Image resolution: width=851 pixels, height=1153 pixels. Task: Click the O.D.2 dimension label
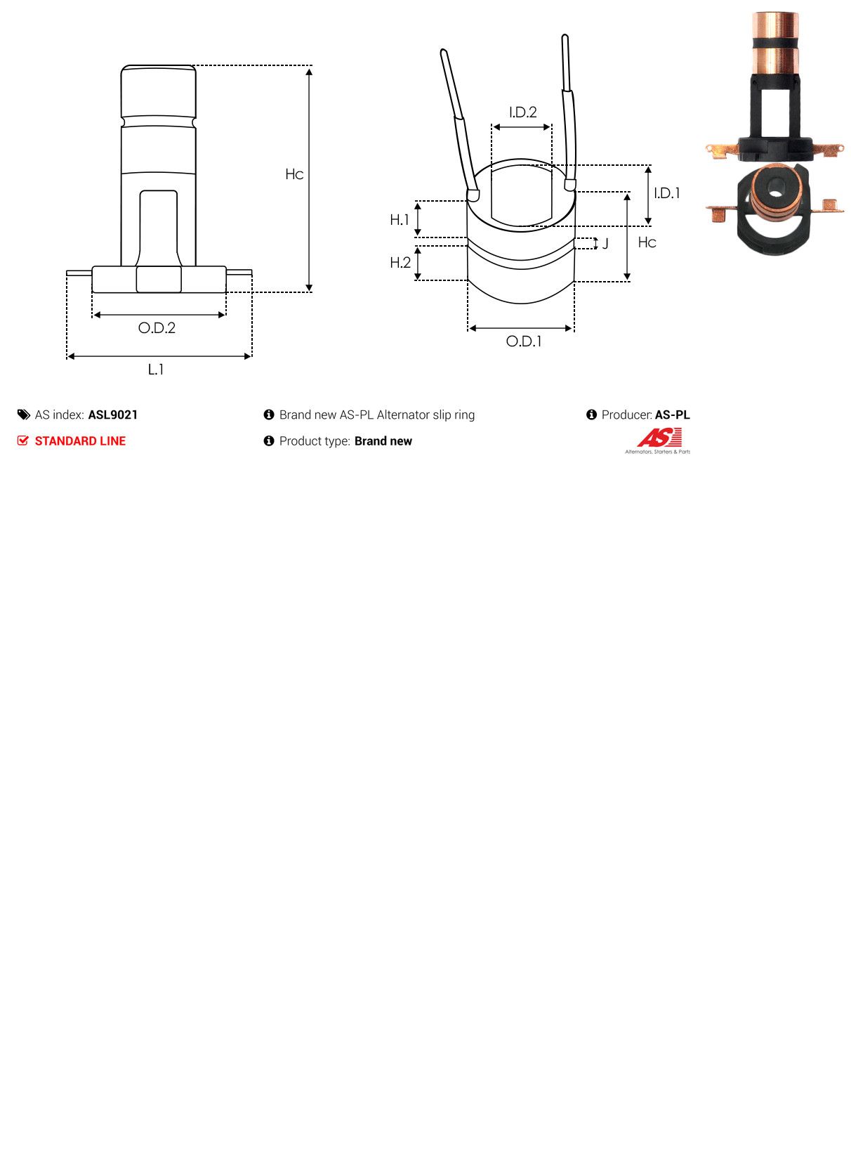tap(157, 328)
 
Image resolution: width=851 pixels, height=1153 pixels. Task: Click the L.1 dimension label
tap(156, 370)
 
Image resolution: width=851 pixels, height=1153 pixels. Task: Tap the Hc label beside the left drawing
tap(294, 174)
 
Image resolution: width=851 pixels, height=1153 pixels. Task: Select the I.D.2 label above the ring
tap(522, 112)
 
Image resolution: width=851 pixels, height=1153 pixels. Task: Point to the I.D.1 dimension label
tap(666, 193)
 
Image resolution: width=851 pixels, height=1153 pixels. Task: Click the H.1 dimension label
tap(400, 220)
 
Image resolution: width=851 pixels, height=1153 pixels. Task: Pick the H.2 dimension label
tap(400, 263)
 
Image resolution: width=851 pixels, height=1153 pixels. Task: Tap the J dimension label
tap(605, 244)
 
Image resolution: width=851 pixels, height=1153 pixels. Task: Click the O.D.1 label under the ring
tap(524, 341)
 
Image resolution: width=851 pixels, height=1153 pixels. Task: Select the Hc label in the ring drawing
tap(647, 242)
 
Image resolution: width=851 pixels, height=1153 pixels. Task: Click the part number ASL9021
tap(113, 415)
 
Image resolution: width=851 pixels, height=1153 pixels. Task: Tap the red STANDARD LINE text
tap(80, 441)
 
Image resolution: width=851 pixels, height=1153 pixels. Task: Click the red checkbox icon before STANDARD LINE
tap(23, 441)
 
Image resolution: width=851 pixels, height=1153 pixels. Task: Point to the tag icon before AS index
tap(24, 415)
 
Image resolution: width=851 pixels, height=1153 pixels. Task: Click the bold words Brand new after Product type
tap(383, 441)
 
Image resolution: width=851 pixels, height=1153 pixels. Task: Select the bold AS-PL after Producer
tap(672, 415)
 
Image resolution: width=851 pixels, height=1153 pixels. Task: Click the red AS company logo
tap(659, 439)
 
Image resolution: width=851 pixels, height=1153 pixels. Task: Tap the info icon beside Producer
tap(591, 415)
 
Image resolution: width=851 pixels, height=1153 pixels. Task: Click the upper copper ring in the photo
tap(774, 25)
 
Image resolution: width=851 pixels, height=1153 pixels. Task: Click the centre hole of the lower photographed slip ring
tap(775, 188)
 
